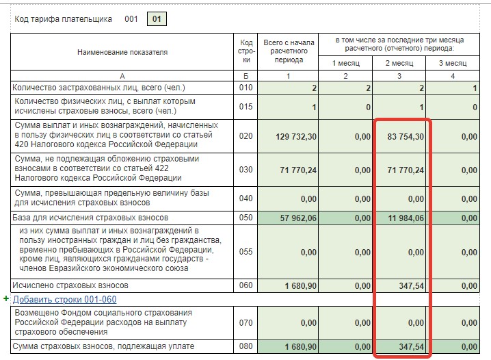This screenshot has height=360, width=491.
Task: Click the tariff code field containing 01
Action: (x=157, y=19)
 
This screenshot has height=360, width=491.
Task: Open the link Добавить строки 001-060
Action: (x=64, y=300)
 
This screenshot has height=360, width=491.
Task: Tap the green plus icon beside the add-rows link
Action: (x=6, y=298)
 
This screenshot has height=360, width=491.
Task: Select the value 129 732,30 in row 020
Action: (x=296, y=137)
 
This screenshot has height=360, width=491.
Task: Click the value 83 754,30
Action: (x=406, y=137)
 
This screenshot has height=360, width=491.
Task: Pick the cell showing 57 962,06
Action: (x=298, y=218)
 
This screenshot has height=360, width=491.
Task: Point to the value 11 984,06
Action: (x=406, y=218)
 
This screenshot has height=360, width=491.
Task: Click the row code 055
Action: (x=245, y=252)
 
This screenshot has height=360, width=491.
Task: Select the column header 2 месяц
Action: (x=399, y=63)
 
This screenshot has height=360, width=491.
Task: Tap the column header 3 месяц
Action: (x=453, y=63)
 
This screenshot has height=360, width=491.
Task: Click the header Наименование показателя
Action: (x=122, y=52)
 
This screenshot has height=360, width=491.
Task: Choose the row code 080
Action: (x=245, y=346)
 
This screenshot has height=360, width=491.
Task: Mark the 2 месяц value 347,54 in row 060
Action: (x=411, y=286)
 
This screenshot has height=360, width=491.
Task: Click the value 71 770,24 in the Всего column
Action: (x=298, y=170)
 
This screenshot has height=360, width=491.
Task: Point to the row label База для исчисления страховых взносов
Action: (x=90, y=218)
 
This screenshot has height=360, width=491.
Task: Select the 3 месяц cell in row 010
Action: (x=453, y=88)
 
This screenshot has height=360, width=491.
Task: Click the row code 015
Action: (x=245, y=107)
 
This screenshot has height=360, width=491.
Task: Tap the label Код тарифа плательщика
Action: (x=63, y=19)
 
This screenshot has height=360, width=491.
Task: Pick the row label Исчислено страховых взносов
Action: (x=70, y=285)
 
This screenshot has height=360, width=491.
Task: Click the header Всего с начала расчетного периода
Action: (x=289, y=51)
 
